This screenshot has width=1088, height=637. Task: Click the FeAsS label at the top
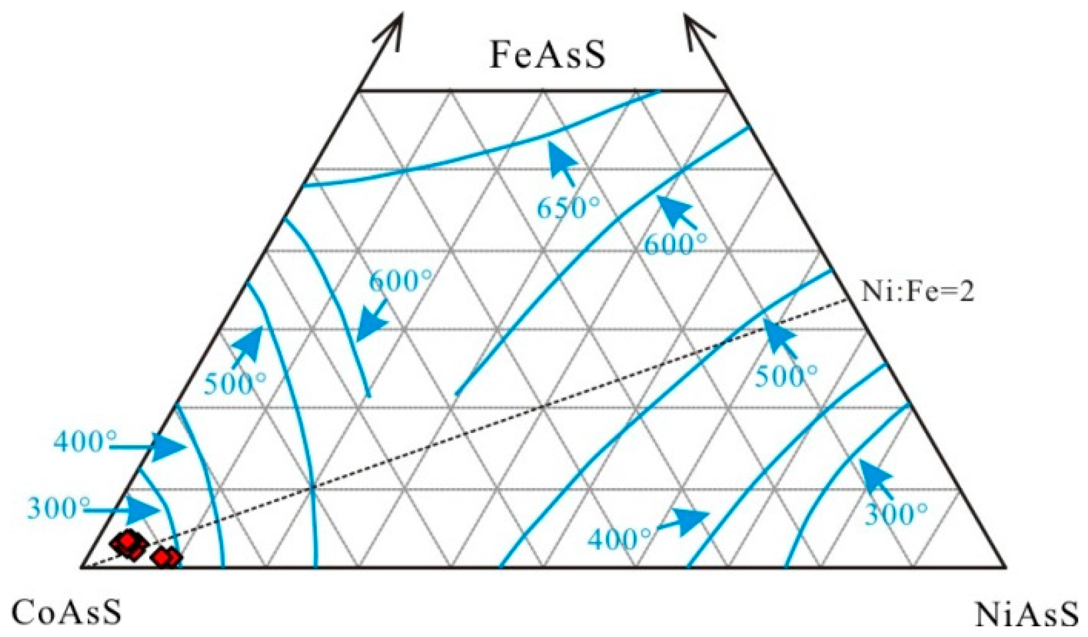547,55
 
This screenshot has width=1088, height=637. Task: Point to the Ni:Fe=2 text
917,292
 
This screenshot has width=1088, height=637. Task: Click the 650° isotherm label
568,208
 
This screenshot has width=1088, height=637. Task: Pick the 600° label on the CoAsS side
400,281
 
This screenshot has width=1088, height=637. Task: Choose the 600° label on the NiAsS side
675,244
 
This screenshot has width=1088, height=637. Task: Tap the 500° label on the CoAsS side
235,384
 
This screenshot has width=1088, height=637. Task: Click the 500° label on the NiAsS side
785,376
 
